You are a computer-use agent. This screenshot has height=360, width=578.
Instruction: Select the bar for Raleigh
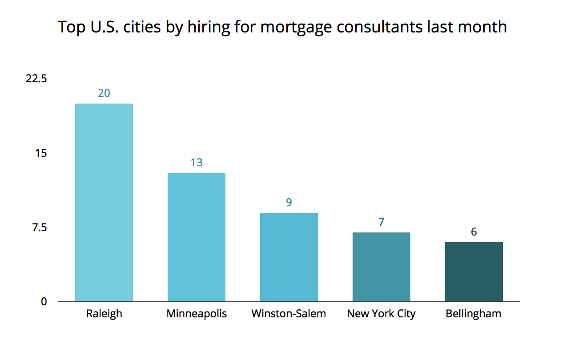tap(104, 203)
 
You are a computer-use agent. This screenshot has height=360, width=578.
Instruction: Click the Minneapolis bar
tap(197, 237)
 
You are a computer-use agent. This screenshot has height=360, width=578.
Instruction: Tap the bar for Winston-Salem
tap(289, 257)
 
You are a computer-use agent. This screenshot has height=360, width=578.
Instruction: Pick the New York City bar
tap(381, 267)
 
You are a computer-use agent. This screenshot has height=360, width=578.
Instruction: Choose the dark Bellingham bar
tap(474, 272)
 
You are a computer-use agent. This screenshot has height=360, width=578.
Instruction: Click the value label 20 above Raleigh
tap(104, 93)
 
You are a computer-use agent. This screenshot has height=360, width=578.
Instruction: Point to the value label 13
tap(197, 163)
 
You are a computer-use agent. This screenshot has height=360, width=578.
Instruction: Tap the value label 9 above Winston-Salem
tap(289, 203)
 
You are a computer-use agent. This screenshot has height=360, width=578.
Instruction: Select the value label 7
tap(381, 222)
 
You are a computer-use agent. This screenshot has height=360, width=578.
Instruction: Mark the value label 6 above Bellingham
tap(474, 232)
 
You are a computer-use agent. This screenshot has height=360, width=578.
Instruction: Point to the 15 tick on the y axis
tap(41, 153)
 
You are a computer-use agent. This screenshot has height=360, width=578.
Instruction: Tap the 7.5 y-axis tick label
tap(39, 228)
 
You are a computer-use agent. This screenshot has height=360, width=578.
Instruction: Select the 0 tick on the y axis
tap(44, 302)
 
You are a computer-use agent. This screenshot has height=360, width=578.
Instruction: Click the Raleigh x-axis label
tap(104, 314)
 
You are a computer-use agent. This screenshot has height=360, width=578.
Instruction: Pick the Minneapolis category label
tap(197, 314)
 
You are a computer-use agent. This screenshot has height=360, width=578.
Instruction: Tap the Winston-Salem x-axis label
tap(289, 314)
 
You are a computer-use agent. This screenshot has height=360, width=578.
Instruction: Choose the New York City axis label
tap(381, 314)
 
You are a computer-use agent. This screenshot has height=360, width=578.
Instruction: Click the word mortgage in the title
tap(296, 28)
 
